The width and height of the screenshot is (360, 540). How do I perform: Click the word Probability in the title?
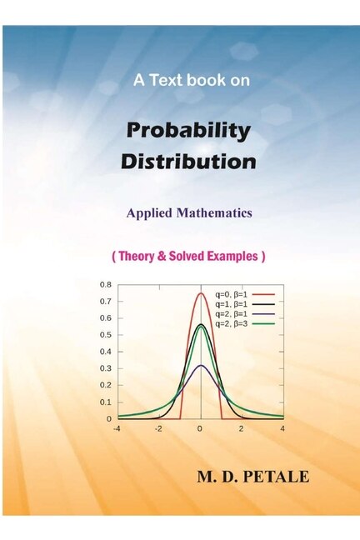187,131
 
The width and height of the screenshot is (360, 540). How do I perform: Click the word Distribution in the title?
188,161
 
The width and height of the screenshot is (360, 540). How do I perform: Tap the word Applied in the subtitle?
150,213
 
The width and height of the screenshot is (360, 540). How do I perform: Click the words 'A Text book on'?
192,81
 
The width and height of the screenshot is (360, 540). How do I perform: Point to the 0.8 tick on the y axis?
106,285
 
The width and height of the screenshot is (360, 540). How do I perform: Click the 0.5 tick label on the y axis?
106,335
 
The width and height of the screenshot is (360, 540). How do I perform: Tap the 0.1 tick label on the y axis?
106,402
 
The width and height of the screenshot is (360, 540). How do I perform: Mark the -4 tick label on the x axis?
117,428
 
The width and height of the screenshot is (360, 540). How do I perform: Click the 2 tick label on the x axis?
241,428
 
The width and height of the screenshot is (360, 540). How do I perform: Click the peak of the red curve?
200,293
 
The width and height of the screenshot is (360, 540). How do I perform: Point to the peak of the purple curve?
200,365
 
